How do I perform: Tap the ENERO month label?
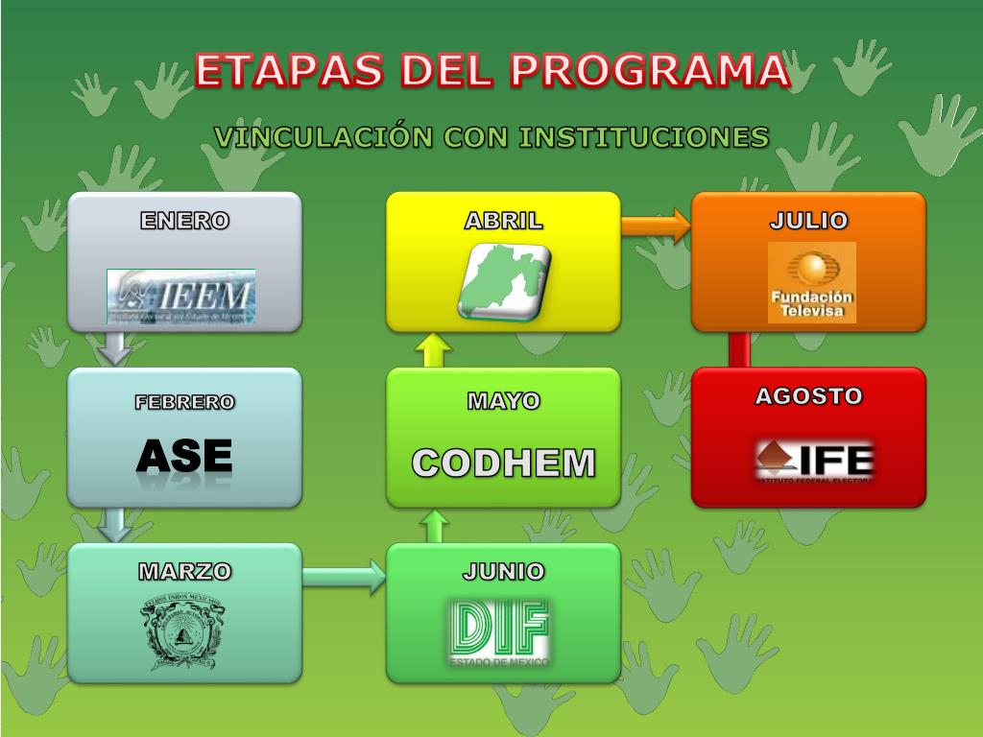[x=184, y=221]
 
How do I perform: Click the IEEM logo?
[x=180, y=296]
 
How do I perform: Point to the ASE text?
[x=184, y=457]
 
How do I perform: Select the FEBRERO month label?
[x=184, y=402]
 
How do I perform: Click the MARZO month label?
[x=184, y=572]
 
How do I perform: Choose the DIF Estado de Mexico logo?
[x=499, y=631]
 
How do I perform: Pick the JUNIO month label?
[x=503, y=572]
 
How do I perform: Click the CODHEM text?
[x=503, y=463]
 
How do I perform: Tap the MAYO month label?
[x=503, y=401]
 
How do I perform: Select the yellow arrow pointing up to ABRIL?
[x=434, y=350]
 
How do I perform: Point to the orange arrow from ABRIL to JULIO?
[x=656, y=226]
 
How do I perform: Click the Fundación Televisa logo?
[x=811, y=282]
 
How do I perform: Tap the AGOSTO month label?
[x=808, y=396]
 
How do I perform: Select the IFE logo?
[x=814, y=459]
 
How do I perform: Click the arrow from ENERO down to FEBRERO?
[x=116, y=347]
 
